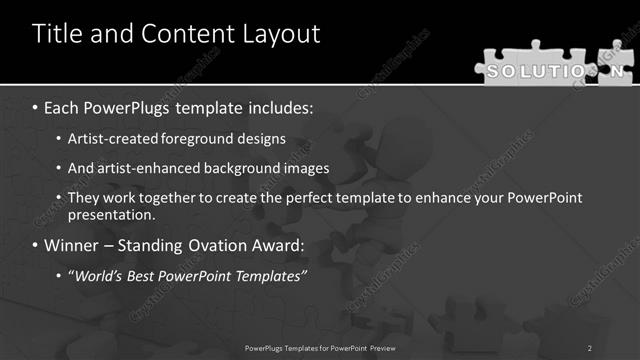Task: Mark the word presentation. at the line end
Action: (112, 215)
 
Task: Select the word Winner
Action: (73, 245)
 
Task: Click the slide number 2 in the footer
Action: (590, 347)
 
